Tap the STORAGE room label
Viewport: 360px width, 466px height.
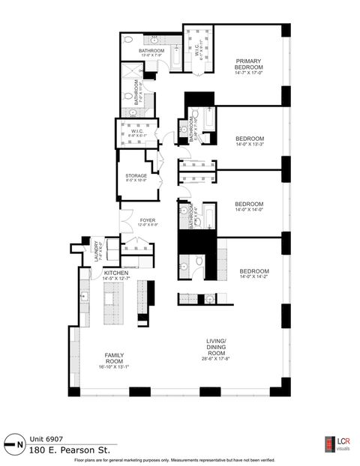(x=136, y=176)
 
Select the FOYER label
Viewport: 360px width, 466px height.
(x=147, y=220)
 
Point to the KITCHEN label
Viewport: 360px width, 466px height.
(x=117, y=273)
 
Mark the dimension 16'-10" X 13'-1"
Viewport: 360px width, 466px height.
(x=114, y=367)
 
